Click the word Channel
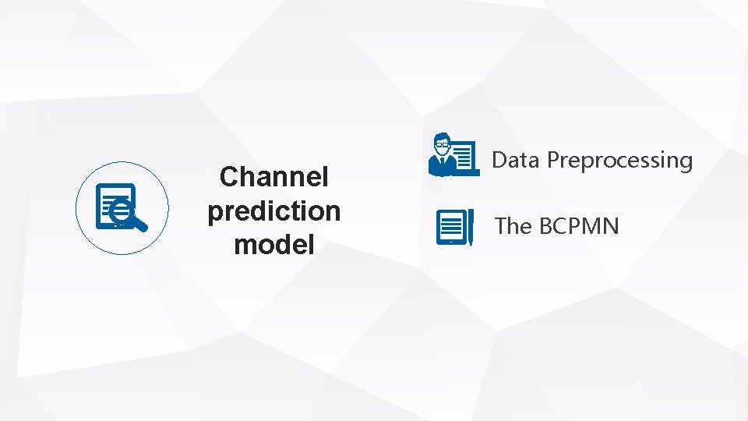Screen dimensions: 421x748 (x=273, y=177)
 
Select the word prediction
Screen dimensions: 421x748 (x=273, y=211)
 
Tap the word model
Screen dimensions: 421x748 (x=273, y=245)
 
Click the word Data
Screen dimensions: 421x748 (x=517, y=160)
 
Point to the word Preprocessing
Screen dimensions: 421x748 (x=619, y=161)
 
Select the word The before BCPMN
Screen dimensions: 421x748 (x=513, y=226)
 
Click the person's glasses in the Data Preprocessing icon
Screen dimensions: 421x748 (x=443, y=143)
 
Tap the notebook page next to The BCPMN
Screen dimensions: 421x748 (x=451, y=227)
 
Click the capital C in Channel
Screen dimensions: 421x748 (x=230, y=177)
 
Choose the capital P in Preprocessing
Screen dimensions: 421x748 (x=554, y=160)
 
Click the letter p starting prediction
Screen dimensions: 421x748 (x=215, y=213)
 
